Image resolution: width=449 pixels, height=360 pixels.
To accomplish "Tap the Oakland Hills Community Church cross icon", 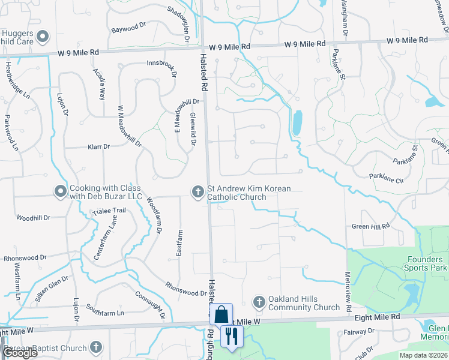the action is point(259,302).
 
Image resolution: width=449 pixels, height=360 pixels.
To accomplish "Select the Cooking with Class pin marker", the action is point(60,191).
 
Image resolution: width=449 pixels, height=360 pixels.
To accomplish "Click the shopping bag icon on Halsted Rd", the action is point(221,313).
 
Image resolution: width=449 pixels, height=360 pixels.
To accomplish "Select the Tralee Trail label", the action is point(109,211).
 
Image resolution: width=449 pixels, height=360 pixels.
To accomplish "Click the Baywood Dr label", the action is point(128,28).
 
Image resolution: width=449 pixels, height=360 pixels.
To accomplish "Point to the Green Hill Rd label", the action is point(370,226).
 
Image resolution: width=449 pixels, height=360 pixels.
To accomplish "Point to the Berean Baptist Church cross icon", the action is point(95,347).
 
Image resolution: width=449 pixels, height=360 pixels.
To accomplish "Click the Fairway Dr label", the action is point(358,332).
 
